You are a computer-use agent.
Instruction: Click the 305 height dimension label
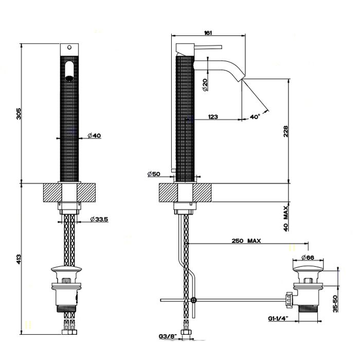pos(19,114)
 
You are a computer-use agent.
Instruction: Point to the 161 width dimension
pos(208,33)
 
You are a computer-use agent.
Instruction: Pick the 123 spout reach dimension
pos(213,117)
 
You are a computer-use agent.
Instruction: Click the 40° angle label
pos(255,117)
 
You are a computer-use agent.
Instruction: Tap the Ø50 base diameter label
pos(154,174)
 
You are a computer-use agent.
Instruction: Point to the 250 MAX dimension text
pos(245,240)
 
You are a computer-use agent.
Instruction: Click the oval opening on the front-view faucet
pos(70,70)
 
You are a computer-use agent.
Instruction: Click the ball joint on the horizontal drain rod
pos(193,299)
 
